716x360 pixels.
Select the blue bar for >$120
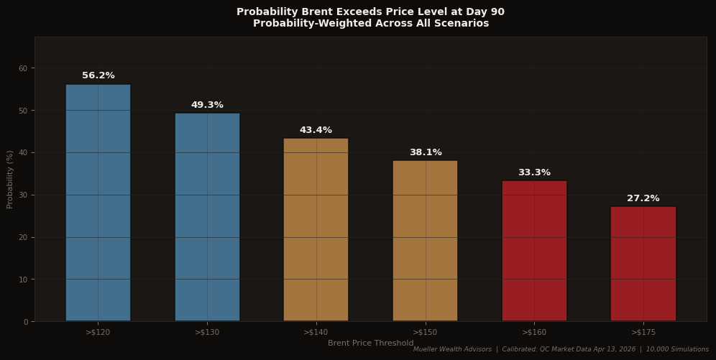98,203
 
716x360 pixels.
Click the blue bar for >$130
207,217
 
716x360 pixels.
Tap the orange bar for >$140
316,230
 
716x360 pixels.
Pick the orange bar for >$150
425,241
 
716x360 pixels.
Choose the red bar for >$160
534,251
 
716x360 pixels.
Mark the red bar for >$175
643,264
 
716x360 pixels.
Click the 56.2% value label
98,75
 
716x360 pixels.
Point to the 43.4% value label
316,130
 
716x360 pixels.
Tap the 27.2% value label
643,198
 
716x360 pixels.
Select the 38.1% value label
425,152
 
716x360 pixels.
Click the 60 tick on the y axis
23,68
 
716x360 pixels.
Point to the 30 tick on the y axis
23,195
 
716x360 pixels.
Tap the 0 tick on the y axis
25,322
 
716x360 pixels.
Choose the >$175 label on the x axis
643,332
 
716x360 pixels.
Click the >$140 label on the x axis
316,332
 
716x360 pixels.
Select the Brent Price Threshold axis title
370,343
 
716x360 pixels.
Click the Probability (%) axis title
10,179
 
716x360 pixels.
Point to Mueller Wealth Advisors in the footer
452,349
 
